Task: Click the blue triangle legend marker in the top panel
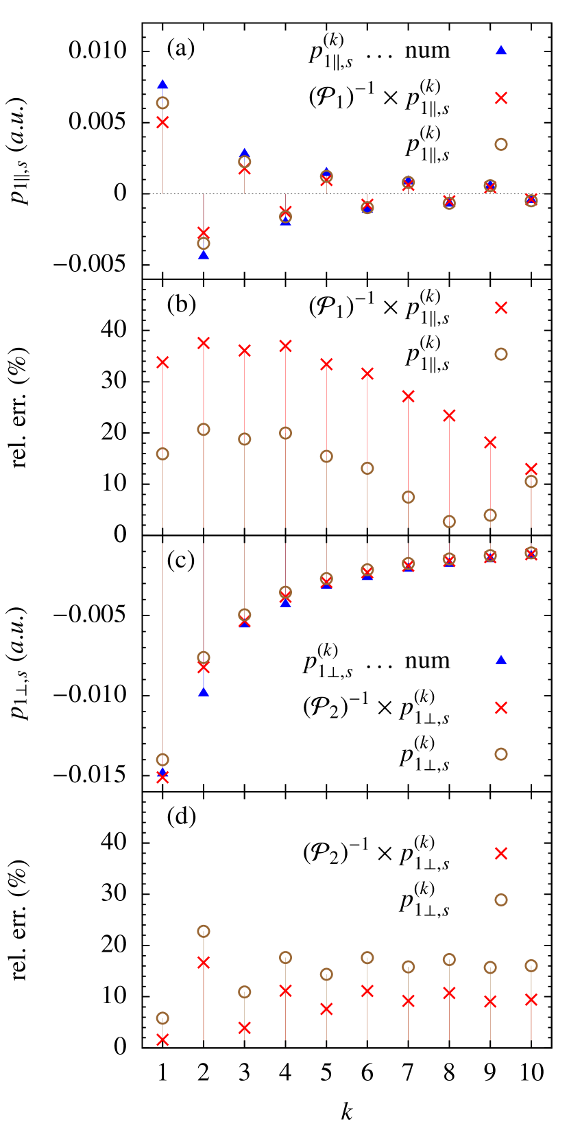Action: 501,50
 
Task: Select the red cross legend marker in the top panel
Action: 501,98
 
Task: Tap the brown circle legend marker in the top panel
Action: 501,144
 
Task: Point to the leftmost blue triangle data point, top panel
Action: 162,84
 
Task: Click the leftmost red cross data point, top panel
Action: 162,122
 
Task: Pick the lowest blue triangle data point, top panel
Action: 204,255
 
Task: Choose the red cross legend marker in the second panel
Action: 501,308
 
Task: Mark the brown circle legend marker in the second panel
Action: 501,354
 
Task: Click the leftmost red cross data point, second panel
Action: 162,362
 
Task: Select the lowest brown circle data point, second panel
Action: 449,521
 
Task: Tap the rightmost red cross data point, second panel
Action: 531,469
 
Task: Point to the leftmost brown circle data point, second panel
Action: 162,454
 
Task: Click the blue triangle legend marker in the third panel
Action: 501,659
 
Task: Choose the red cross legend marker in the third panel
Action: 501,707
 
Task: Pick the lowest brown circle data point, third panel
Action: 162,760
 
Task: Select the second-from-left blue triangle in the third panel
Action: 204,692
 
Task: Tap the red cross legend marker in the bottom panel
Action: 501,853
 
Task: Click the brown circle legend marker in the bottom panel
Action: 501,900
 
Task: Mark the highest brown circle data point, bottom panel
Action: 204,931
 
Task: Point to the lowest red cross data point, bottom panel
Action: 162,1040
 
